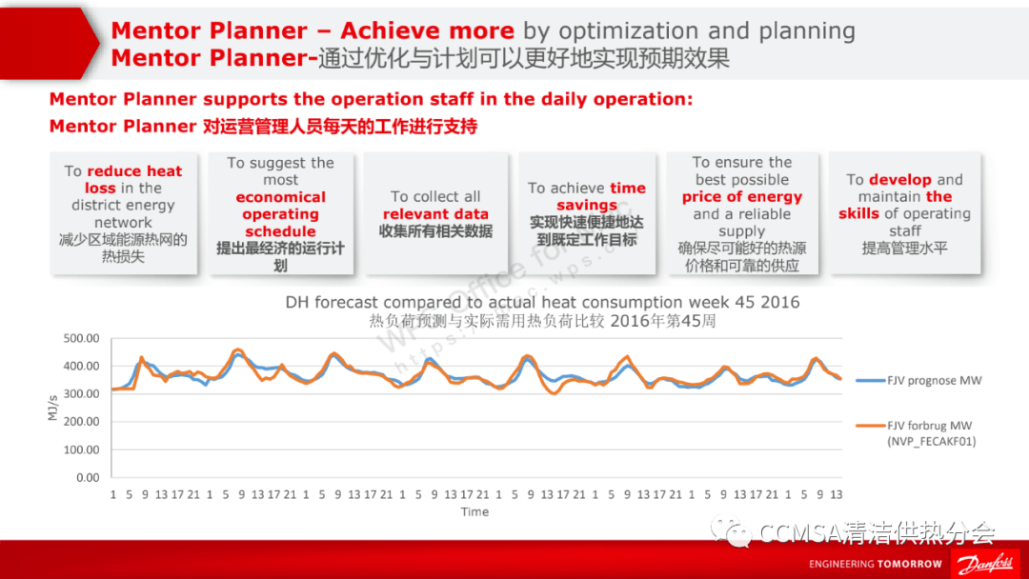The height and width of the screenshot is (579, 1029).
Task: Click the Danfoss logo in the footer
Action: [x=987, y=563]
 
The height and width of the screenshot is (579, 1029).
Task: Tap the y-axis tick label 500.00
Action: [x=82, y=338]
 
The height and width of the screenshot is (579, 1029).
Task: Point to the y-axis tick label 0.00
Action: [x=88, y=477]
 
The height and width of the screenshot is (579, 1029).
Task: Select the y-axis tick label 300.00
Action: [x=82, y=393]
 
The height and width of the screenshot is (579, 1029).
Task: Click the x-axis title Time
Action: [x=474, y=511]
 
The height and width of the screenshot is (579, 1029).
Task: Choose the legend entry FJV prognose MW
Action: [x=934, y=381]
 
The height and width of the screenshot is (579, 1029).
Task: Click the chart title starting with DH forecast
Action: [x=543, y=303]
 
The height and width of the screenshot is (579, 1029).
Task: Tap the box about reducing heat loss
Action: [x=123, y=213]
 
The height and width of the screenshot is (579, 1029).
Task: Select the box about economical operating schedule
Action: [x=280, y=213]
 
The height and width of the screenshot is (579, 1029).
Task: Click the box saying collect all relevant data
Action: [x=435, y=213]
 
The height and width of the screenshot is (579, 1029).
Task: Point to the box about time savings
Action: [x=587, y=213]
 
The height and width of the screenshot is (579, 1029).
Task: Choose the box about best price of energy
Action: [x=742, y=213]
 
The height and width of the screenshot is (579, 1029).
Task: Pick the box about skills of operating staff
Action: [x=904, y=213]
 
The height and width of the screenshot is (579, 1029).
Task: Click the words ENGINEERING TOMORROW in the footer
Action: [x=876, y=564]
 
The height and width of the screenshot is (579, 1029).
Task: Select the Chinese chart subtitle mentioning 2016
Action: [x=543, y=321]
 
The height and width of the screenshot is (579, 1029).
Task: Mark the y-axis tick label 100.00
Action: [x=82, y=449]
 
